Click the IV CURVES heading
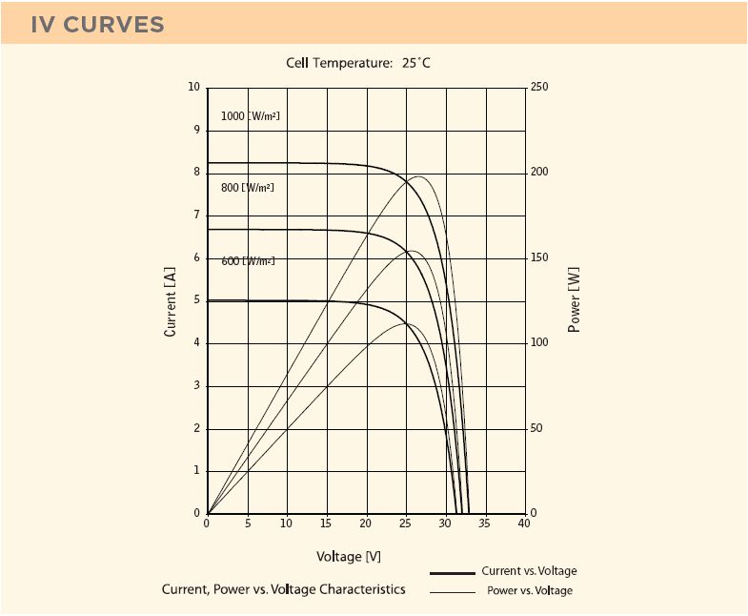97,25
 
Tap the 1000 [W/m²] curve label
250,116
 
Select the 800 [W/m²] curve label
247,188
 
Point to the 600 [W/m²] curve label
248,260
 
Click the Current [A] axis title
171,301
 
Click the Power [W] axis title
574,301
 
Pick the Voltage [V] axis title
349,556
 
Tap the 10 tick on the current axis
194,88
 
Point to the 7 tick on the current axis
196,216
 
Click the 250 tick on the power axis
539,88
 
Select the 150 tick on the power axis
539,258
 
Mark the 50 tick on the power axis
536,429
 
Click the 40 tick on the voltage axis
523,524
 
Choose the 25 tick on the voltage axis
405,524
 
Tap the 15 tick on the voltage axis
326,524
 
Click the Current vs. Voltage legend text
529,571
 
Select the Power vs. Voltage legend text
530,591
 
